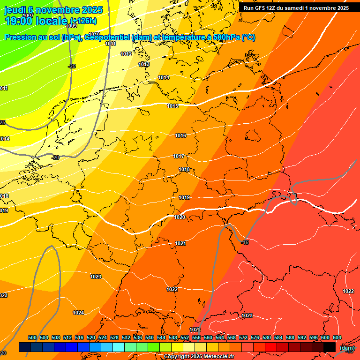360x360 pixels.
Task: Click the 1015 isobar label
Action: [x=172, y=106]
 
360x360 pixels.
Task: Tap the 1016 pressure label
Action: [x=180, y=135]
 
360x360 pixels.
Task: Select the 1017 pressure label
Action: [x=179, y=156]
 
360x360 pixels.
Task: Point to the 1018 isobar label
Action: [x=184, y=169]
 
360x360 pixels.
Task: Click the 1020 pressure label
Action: [x=180, y=217]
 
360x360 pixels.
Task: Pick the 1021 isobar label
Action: [x=180, y=243]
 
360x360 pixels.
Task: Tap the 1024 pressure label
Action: [x=78, y=313]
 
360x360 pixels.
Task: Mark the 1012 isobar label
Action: [x=126, y=54]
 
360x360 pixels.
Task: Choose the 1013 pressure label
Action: [x=144, y=64]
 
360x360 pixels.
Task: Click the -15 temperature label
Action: [x=245, y=242]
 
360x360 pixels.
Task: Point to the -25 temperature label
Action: [x=72, y=66]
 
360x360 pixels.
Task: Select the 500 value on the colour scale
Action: [x=32, y=337]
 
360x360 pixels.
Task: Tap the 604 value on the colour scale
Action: [x=337, y=337]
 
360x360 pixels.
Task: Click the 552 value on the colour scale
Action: [x=185, y=337]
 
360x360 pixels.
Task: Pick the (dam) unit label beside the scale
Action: [x=347, y=347]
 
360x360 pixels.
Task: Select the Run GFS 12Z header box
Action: [x=296, y=7]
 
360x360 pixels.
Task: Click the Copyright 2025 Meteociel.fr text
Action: [x=199, y=357]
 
